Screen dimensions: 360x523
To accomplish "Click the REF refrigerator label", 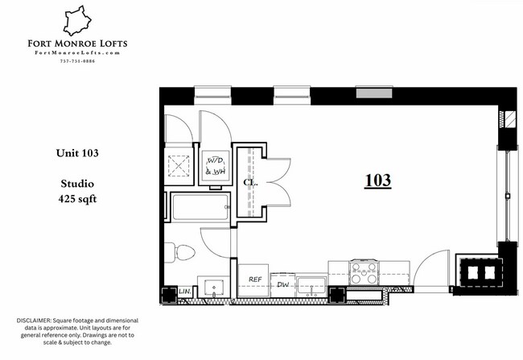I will click(255, 279).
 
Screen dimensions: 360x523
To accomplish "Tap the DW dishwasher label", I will click(282, 283).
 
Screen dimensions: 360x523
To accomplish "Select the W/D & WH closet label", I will click(215, 166).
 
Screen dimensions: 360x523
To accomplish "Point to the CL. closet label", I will click(249, 183).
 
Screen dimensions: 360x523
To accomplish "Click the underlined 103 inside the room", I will click(377, 180).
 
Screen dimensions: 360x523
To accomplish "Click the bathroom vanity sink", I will click(213, 287).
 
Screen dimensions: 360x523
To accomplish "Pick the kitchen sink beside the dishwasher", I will click(311, 285).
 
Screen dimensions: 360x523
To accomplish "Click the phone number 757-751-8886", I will click(78, 62).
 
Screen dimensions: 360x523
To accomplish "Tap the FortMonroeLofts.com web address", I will click(78, 53).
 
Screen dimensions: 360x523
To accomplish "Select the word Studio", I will click(77, 184).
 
